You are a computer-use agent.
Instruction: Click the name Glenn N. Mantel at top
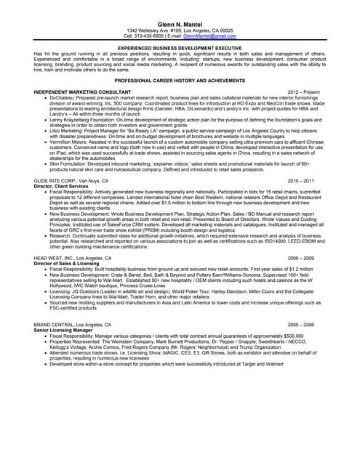coord(179,24)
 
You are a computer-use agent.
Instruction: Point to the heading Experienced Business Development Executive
coord(179,47)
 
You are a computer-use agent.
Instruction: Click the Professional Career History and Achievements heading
coord(179,81)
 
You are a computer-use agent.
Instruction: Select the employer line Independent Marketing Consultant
coord(82,93)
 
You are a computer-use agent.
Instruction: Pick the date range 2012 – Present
coord(303,93)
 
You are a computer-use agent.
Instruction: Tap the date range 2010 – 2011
coord(301,179)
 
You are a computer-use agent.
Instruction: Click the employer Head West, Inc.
coord(72,258)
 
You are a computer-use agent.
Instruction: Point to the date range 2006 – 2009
coord(301,258)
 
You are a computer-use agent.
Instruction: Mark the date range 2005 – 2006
coord(301,324)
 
